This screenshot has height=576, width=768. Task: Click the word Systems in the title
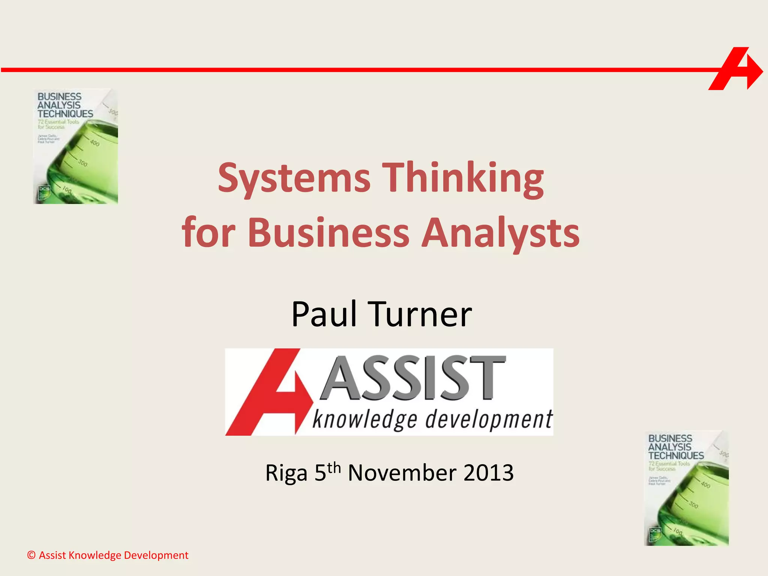294,178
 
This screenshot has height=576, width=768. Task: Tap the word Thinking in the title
465,178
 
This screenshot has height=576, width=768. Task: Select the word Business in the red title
328,233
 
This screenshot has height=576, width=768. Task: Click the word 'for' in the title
208,233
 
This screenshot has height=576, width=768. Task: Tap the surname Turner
420,314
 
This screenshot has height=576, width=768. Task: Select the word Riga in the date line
286,473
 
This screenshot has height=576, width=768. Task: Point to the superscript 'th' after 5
334,468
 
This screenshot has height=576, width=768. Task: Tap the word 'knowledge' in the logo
364,420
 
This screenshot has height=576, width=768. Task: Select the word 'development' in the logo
488,420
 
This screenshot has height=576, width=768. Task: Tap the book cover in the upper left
76,146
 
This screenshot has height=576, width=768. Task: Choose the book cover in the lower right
686,488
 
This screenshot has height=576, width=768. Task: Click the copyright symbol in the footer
31,555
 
